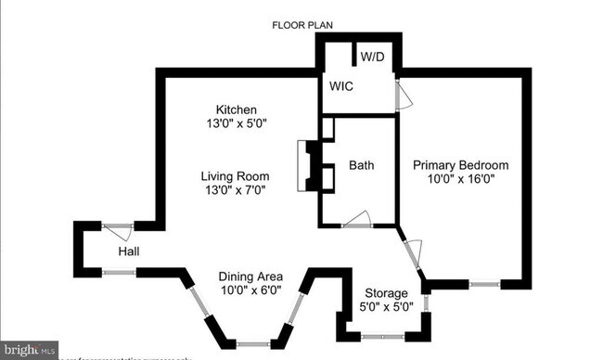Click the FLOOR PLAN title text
click(301, 25)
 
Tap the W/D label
click(372, 57)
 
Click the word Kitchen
click(237, 109)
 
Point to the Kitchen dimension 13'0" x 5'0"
click(237, 122)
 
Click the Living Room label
click(237, 176)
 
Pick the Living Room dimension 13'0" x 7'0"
click(237, 190)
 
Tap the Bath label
click(362, 165)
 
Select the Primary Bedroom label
click(461, 165)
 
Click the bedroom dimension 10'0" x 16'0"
click(461, 180)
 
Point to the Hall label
click(129, 251)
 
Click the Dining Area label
click(250, 276)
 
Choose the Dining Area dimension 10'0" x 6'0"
click(250, 290)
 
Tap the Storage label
click(386, 293)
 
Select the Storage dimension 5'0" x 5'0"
click(386, 307)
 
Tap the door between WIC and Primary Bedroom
click(399, 95)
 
